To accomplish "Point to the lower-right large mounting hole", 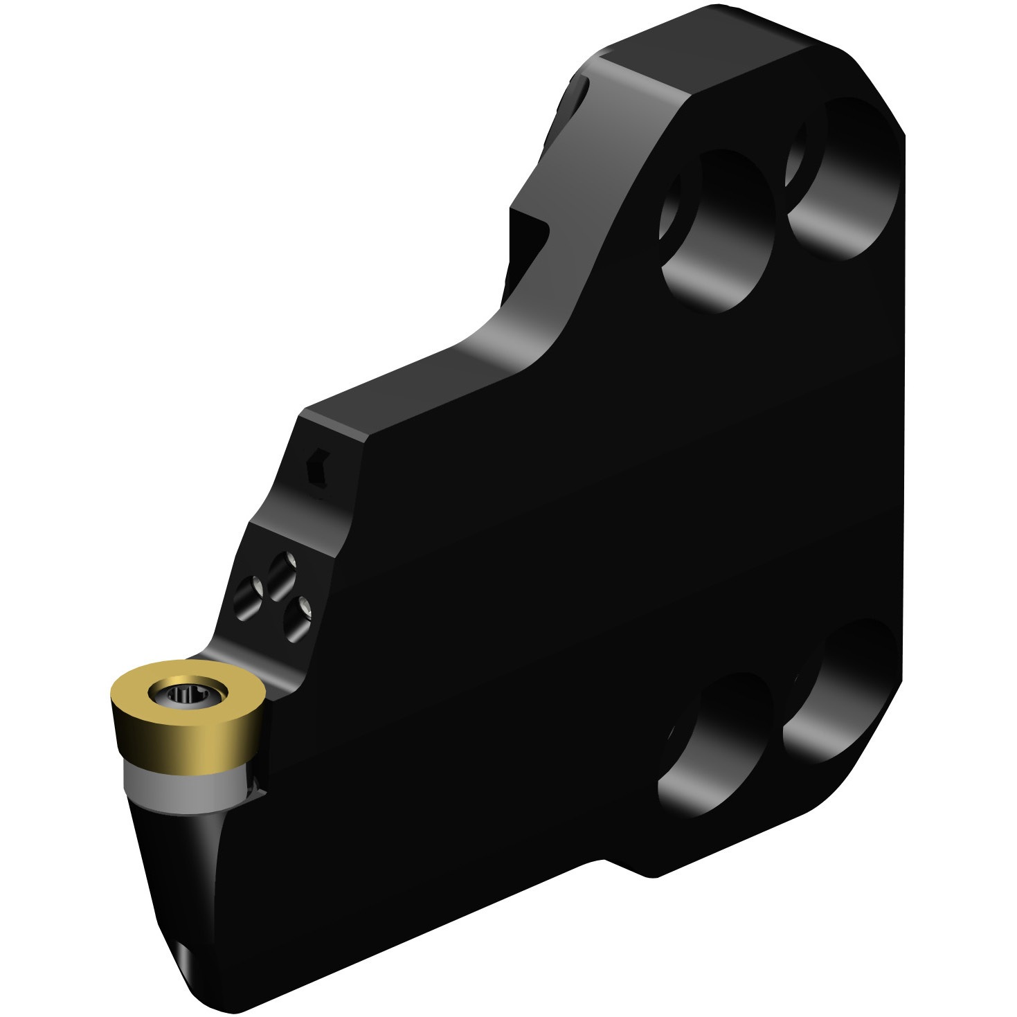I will (838, 692).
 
